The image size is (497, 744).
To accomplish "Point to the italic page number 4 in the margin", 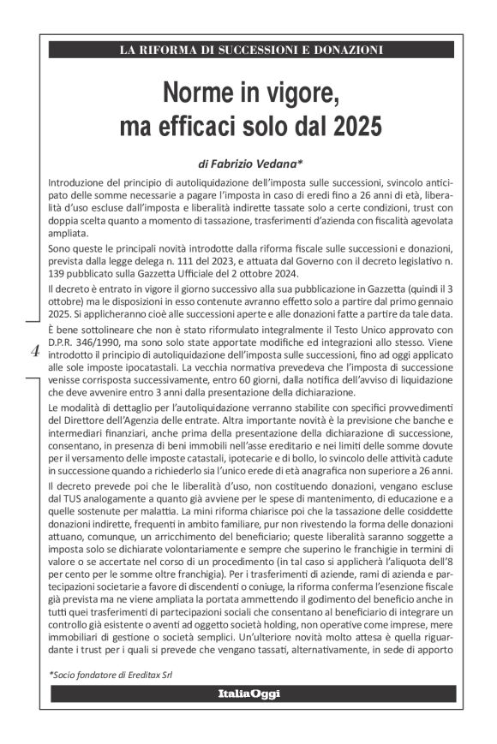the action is pyautogui.click(x=34, y=350).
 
